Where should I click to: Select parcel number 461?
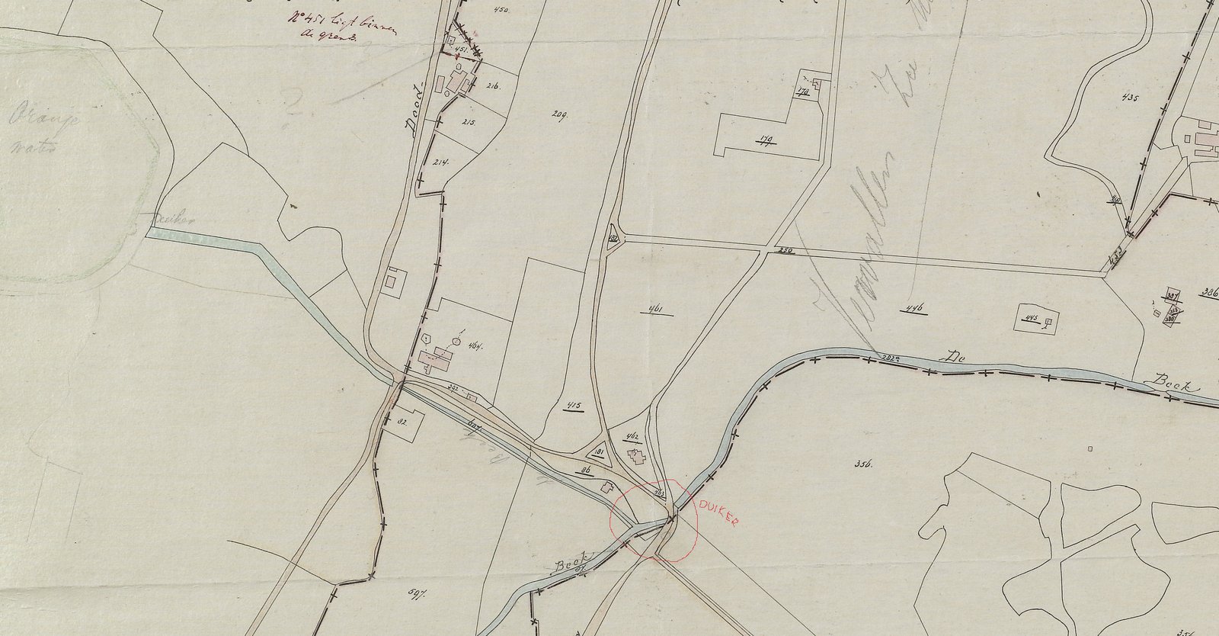pyautogui.click(x=654, y=309)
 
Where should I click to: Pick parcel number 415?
pyautogui.click(x=574, y=404)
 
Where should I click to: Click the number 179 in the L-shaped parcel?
pyautogui.click(x=765, y=139)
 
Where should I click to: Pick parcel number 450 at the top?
pyautogui.click(x=501, y=9)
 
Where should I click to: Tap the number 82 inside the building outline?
pyautogui.click(x=400, y=420)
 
